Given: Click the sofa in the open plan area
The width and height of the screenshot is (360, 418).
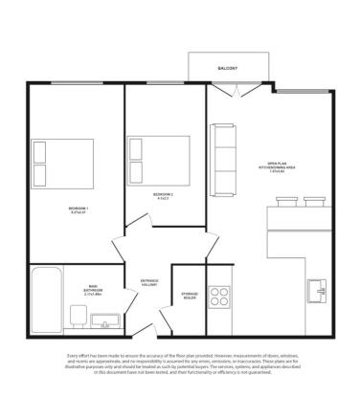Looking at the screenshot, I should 223,159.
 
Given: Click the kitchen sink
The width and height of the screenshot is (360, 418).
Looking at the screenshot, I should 318,288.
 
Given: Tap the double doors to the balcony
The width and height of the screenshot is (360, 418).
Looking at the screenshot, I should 233,90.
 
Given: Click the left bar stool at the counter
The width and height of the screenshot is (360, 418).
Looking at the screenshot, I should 286,201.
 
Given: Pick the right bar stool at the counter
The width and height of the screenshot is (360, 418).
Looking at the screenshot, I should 314,201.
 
